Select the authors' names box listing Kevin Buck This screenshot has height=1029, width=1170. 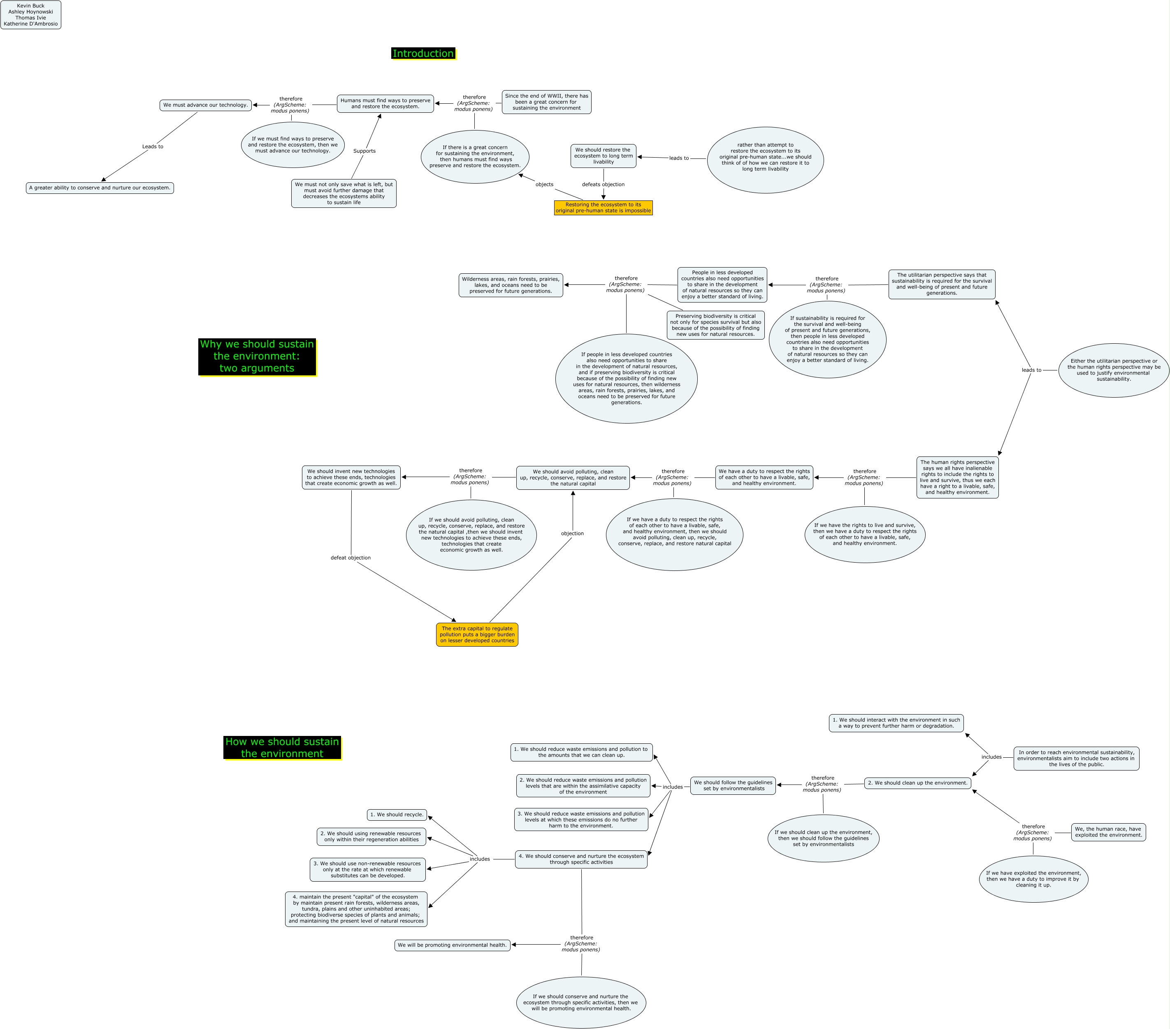(x=31, y=15)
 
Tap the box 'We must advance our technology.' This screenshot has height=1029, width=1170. (x=206, y=105)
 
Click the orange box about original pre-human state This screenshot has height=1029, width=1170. (x=604, y=208)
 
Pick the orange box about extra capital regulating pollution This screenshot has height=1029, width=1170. (x=477, y=634)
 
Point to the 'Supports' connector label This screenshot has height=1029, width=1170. (x=364, y=151)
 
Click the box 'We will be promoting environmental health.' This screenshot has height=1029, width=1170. (x=452, y=945)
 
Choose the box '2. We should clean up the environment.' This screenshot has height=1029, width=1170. (x=917, y=783)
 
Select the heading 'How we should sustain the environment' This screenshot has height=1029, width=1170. (x=282, y=748)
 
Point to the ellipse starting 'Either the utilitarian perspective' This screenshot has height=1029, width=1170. (x=1113, y=370)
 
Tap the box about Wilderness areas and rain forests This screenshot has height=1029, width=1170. (x=511, y=285)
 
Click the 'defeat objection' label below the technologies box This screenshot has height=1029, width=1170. (x=351, y=558)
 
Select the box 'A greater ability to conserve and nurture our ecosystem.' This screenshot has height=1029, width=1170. (x=100, y=188)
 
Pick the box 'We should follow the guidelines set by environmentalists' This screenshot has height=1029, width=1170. (x=733, y=786)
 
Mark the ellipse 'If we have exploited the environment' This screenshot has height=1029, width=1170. (x=1033, y=879)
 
